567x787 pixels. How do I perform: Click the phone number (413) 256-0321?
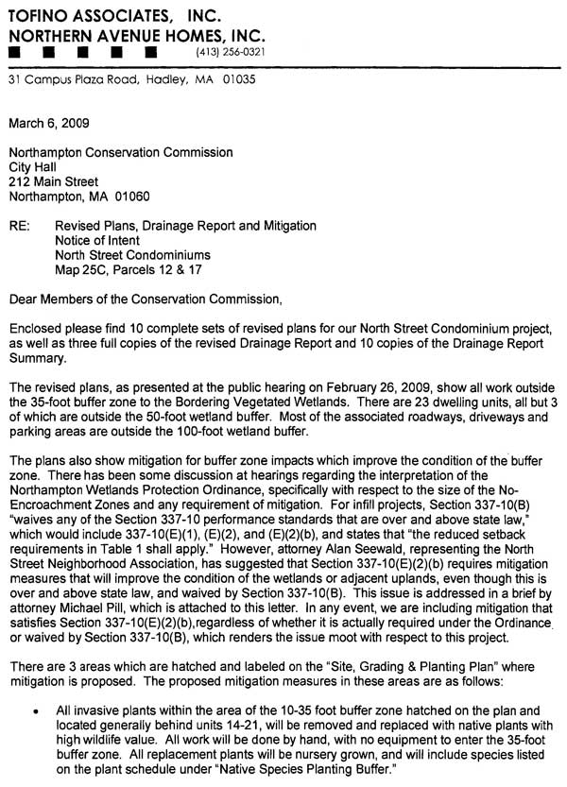pos(232,52)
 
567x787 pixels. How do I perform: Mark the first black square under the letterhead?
pos(14,51)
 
